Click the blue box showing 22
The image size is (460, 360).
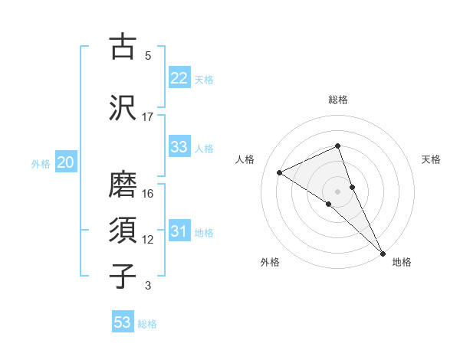[179, 78]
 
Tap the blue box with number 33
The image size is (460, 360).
[179, 147]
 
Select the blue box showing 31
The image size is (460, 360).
[179, 232]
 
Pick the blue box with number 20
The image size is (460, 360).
[66, 162]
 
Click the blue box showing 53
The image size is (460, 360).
[123, 322]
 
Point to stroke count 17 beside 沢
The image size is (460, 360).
[148, 116]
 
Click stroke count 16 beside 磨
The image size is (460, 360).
[148, 194]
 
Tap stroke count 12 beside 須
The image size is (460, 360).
[148, 240]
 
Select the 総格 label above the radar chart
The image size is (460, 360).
[338, 100]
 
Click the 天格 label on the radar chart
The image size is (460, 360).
[432, 159]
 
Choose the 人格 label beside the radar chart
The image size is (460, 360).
[245, 159]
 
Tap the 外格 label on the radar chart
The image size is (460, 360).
[270, 262]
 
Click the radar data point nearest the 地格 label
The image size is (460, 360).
[383, 252]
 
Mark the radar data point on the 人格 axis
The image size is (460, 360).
[280, 172]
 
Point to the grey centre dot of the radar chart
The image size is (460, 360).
[337, 191]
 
